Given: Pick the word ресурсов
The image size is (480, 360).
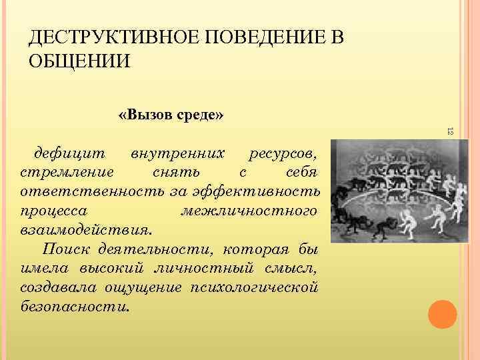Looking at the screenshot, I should click(283, 155).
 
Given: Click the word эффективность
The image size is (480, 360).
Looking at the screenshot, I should click(257, 193).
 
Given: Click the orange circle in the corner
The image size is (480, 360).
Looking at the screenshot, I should click(442, 314).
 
